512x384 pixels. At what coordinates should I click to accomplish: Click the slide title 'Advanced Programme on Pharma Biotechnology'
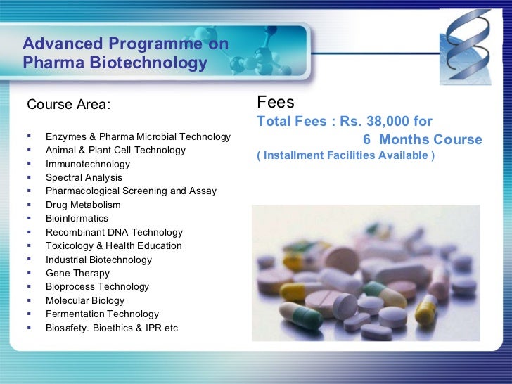pyautogui.click(x=125, y=54)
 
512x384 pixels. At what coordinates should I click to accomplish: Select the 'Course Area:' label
pyautogui.click(x=68, y=105)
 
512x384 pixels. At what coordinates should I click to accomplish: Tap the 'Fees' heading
pyautogui.click(x=271, y=103)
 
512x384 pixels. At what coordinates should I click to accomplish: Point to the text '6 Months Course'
pyautogui.click(x=422, y=139)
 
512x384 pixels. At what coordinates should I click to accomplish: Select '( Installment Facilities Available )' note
pyautogui.click(x=345, y=155)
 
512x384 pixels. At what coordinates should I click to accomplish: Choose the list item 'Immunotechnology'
pyautogui.click(x=88, y=164)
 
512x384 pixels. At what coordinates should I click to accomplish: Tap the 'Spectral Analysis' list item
pyautogui.click(x=84, y=177)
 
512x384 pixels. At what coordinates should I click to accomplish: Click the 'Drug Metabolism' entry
pyautogui.click(x=83, y=205)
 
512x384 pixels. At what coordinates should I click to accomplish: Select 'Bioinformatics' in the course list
pyautogui.click(x=77, y=218)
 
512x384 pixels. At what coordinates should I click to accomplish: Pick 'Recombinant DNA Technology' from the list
pyautogui.click(x=114, y=232)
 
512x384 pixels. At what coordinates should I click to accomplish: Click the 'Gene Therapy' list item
pyautogui.click(x=77, y=273)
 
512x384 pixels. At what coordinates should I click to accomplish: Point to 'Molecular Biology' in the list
pyautogui.click(x=85, y=300)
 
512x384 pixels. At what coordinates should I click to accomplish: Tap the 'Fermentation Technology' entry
pyautogui.click(x=102, y=314)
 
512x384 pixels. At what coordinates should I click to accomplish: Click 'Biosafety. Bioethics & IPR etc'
pyautogui.click(x=112, y=328)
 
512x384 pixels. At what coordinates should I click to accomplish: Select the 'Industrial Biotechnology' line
pyautogui.click(x=98, y=260)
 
